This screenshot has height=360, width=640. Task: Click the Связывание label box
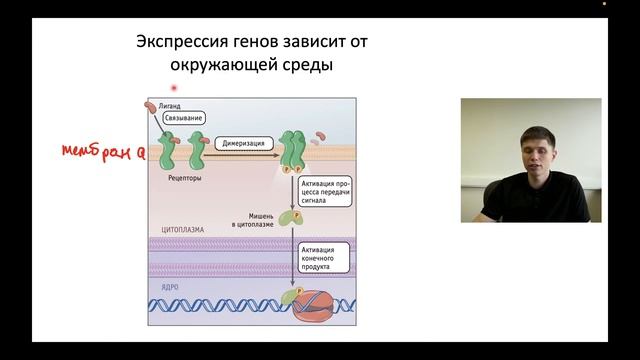point(182,119)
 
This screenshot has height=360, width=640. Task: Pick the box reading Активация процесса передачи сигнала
point(329,186)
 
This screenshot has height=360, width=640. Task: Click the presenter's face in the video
point(526,140)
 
